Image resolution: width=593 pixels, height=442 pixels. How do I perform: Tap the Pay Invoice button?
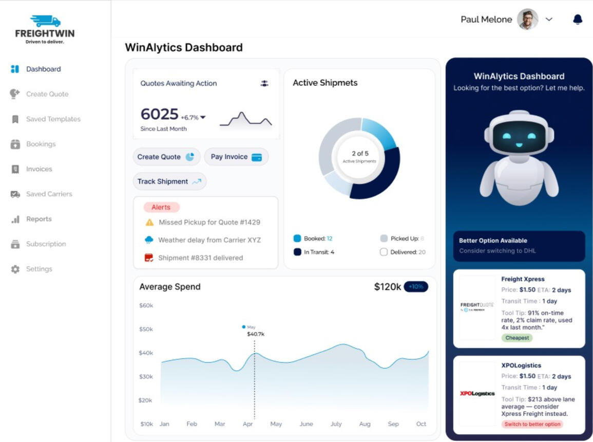coord(236,157)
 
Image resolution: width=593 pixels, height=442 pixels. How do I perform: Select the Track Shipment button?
coord(169,181)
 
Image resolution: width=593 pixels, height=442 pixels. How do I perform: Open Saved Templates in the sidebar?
coord(53,119)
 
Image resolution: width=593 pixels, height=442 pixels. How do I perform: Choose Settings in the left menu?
coord(39,269)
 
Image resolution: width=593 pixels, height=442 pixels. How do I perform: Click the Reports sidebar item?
coord(39,219)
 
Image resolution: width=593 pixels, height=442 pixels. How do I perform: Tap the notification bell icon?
coord(578,20)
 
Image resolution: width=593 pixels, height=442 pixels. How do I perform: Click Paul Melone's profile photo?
coord(527,20)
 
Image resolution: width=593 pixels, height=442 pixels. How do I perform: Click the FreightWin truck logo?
coord(45,22)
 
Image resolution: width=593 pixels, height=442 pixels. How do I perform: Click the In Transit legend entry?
coord(314,252)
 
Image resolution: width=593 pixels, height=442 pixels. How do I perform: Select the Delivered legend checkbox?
coord(384,252)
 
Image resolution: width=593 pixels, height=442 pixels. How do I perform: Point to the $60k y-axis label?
coord(146,305)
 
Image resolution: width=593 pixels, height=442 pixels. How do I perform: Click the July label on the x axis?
coord(336,424)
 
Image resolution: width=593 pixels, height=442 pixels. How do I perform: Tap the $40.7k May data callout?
coord(256,334)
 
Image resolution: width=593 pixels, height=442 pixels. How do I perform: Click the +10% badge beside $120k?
coord(416,287)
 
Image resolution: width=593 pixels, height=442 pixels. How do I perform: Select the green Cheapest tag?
coord(517,338)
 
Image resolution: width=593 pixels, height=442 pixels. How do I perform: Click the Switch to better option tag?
coord(532,424)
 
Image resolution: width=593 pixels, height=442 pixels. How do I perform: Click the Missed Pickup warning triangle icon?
coord(149,223)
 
